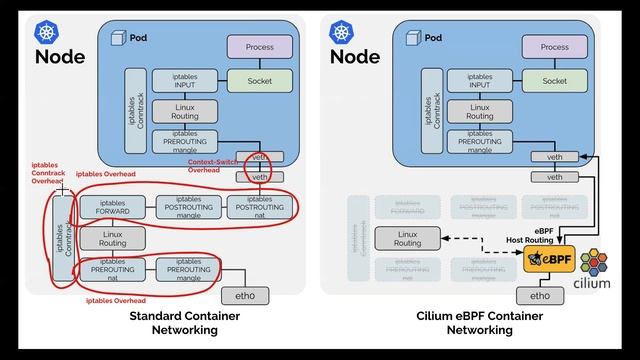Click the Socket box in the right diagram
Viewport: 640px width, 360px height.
click(x=554, y=81)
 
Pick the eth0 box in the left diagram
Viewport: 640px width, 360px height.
click(x=245, y=296)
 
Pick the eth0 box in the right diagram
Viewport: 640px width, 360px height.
click(x=540, y=296)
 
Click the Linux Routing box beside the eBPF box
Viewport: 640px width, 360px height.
click(x=407, y=238)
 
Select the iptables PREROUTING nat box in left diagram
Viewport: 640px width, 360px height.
click(x=112, y=268)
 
